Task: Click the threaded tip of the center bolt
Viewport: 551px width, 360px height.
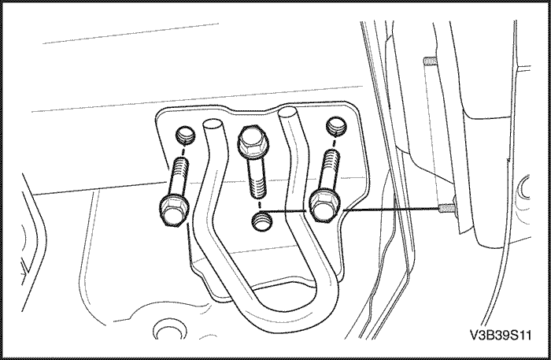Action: (257, 189)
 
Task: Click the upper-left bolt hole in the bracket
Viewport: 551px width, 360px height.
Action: (185, 132)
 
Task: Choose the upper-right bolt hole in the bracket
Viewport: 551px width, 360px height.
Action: (335, 126)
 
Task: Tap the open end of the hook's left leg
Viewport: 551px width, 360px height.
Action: (213, 124)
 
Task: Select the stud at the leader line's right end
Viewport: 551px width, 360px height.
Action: (446, 208)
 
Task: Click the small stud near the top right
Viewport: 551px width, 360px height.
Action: (429, 61)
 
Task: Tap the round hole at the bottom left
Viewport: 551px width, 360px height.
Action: (165, 327)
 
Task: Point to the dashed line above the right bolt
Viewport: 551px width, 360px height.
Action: (335, 142)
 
